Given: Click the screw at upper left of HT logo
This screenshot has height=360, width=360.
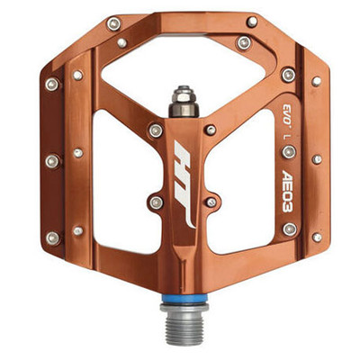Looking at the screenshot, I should click(x=156, y=130).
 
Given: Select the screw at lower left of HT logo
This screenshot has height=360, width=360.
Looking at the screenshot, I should click(x=156, y=202).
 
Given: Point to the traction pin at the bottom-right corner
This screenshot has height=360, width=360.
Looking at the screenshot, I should click(x=317, y=238).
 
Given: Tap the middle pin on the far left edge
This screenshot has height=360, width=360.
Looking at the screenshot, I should click(x=51, y=161).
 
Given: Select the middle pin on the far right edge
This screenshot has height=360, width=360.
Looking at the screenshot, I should click(x=317, y=159).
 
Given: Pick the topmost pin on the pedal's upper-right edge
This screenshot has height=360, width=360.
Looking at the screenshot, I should click(x=252, y=22).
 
